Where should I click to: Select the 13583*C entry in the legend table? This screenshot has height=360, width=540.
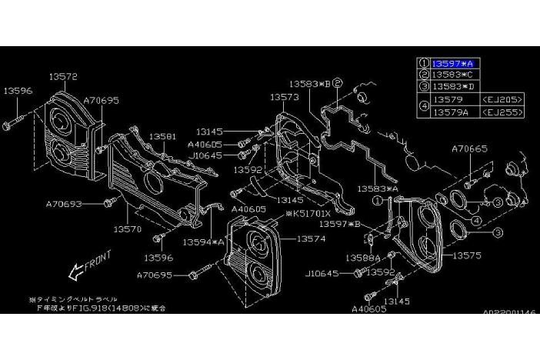tap(452, 75)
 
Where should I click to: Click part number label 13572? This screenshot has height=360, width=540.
tap(63, 76)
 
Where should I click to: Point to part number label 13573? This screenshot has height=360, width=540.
tap(285, 97)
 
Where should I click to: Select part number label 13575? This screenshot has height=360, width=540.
tap(467, 254)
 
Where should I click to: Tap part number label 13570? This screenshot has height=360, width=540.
tap(128, 228)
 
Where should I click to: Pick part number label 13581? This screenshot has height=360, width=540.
tap(163, 135)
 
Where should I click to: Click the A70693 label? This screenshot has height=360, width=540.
tap(65, 204)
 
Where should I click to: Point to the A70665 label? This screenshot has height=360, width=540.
tap(469, 148)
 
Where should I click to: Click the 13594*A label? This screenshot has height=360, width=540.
tap(203, 241)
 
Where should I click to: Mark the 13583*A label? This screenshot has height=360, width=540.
tap(377, 187)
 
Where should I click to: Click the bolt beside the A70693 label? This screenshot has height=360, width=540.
tap(109, 203)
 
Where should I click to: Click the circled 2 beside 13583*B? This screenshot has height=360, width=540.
tap(337, 82)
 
